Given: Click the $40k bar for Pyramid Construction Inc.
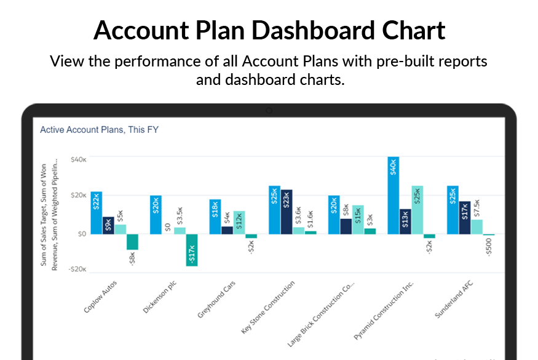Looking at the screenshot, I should (x=394, y=195).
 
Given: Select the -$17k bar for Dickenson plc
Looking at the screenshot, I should (x=192, y=250).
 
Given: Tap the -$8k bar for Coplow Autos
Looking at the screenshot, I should (x=132, y=241).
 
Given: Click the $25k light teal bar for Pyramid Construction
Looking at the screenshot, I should (x=417, y=210).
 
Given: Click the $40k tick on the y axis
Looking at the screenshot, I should (x=78, y=159).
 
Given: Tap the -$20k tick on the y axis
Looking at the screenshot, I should (x=77, y=270).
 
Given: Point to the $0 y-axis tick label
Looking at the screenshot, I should (x=81, y=234).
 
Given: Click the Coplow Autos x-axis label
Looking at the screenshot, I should (x=101, y=297).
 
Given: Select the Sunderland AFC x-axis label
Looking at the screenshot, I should (x=454, y=299).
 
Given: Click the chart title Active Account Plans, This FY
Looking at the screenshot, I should (x=100, y=130).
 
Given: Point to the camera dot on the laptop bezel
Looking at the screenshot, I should (x=269, y=111).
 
